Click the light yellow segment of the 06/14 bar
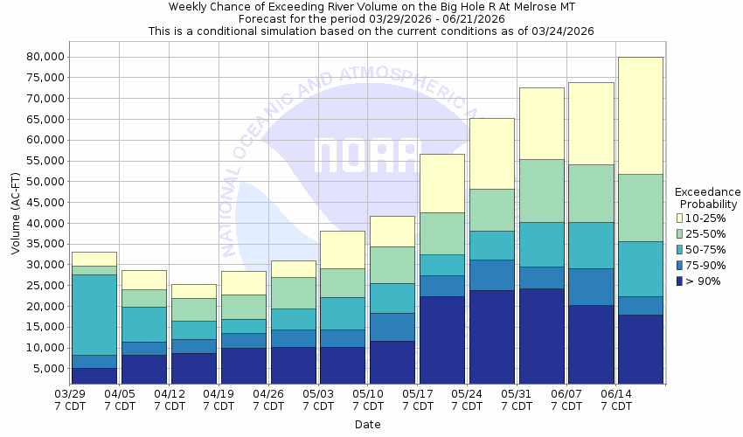(x=640, y=115)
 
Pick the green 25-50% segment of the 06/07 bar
(x=591, y=193)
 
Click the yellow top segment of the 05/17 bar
(x=441, y=183)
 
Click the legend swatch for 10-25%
(x=679, y=218)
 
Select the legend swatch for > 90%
(x=679, y=281)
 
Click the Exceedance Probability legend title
(x=708, y=198)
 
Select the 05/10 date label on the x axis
(x=368, y=399)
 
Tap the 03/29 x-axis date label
(x=70, y=399)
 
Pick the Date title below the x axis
(x=367, y=425)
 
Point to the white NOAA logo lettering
(x=367, y=156)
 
